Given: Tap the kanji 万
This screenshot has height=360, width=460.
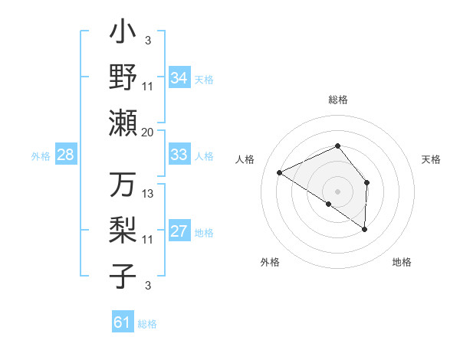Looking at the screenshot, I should click(123, 186).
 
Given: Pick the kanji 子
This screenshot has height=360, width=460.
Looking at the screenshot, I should click(123, 275).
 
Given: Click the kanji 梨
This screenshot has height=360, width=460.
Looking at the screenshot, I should click(123, 231).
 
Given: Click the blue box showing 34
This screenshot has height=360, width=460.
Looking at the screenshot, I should click(179, 78).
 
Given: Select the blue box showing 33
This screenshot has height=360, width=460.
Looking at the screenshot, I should click(179, 155).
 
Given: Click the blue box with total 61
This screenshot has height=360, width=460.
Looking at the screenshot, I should click(122, 323).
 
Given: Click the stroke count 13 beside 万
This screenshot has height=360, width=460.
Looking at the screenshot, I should click(148, 194).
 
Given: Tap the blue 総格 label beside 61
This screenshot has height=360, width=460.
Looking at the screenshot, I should click(147, 324).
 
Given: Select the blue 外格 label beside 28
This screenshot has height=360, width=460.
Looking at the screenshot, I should click(41, 156).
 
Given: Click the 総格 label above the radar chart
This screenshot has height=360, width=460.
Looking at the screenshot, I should click(337, 100).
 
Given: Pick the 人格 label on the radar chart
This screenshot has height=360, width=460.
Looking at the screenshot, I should click(245, 159).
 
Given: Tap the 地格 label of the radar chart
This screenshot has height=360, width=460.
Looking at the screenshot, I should click(402, 262).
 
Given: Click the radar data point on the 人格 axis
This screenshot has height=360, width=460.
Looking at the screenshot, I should click(280, 172).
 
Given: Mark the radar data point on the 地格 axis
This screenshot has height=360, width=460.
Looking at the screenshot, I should click(364, 228).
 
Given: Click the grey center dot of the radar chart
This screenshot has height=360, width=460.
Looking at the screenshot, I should click(337, 191).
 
